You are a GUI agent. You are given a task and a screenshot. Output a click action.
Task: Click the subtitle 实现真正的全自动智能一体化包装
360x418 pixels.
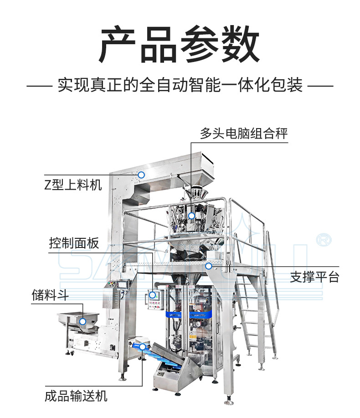click(180, 85)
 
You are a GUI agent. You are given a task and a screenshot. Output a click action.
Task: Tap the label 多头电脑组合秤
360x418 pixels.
click(244, 133)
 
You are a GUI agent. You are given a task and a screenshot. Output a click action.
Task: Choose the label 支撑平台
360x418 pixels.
click(314, 277)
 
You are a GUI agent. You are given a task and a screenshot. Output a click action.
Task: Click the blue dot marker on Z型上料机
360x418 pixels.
click(142, 175)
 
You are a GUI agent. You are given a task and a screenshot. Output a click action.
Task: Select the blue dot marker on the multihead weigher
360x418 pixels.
click(192, 216)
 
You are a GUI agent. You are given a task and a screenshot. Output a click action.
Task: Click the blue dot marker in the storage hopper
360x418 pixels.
click(82, 321)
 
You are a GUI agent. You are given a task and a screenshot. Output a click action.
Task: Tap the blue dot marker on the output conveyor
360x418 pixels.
click(143, 347)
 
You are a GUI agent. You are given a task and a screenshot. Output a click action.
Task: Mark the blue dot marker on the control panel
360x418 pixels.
click(153, 296)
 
